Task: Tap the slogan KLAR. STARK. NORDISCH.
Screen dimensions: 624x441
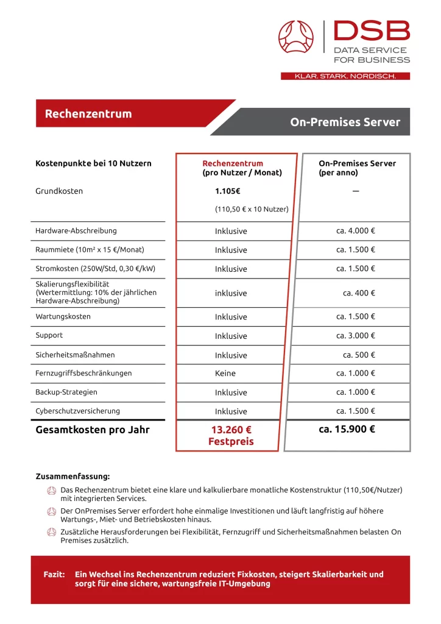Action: click(345, 76)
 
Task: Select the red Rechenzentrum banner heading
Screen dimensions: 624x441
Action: click(88, 114)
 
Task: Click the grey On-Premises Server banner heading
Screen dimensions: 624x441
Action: click(345, 122)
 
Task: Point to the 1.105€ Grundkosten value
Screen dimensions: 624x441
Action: click(227, 191)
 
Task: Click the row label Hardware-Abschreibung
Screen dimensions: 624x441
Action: click(76, 231)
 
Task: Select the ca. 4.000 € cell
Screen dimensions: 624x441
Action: click(356, 231)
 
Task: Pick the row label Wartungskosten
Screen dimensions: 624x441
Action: click(63, 317)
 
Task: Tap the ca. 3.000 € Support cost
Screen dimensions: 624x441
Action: click(356, 336)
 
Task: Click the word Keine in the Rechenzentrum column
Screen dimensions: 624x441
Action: click(225, 374)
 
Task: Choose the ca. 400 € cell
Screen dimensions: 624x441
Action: click(359, 293)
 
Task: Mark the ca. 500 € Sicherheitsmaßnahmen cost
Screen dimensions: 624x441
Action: click(359, 355)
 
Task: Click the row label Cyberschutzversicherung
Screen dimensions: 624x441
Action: click(78, 411)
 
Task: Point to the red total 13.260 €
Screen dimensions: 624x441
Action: click(231, 430)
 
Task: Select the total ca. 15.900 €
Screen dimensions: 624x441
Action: click(347, 429)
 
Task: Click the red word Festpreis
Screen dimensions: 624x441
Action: click(231, 442)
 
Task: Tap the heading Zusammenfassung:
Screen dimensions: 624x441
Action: click(72, 477)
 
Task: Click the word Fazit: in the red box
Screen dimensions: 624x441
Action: click(54, 574)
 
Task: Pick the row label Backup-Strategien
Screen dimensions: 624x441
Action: click(66, 392)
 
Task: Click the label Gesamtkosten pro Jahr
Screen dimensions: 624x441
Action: click(93, 430)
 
